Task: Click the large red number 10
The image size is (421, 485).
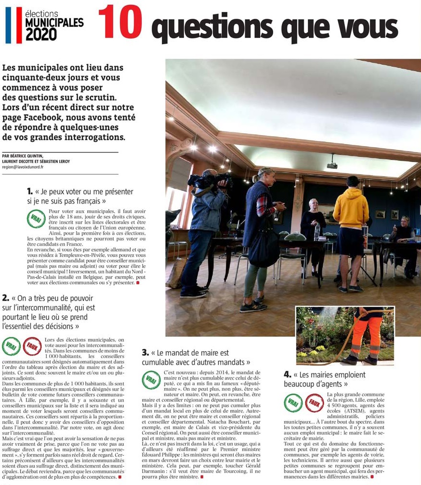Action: click(120, 22)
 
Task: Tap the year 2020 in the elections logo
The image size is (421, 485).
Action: click(41, 34)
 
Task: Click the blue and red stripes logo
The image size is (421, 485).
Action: click(13, 25)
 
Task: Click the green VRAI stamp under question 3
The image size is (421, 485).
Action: click(152, 380)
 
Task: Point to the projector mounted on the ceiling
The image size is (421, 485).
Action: click(332, 165)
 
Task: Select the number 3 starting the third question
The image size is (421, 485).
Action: click(145, 353)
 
